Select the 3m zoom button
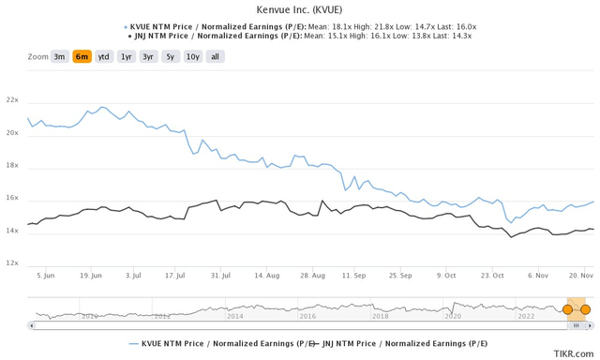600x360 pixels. [x=59, y=56]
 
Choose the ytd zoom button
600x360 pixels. [x=104, y=56]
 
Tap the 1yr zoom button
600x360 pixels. [x=126, y=56]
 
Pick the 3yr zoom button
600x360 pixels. [x=148, y=56]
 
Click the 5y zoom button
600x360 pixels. [x=170, y=56]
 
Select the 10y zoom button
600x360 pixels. [x=191, y=56]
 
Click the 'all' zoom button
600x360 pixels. [x=215, y=56]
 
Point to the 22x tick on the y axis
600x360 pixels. [x=12, y=99]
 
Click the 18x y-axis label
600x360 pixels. [x=12, y=165]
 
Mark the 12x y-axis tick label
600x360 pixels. [x=12, y=263]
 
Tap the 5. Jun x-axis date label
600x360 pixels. [x=45, y=276]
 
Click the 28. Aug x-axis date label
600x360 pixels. [x=312, y=276]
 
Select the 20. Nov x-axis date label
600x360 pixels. [x=578, y=276]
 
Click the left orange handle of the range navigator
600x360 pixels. [x=567, y=309]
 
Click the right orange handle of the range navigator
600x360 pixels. [x=586, y=309]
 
